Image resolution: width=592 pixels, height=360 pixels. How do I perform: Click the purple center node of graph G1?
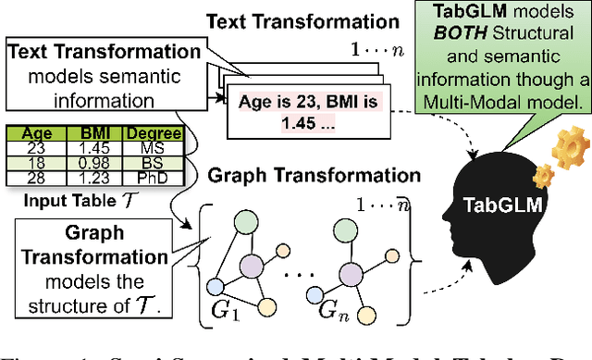click(249, 268)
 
